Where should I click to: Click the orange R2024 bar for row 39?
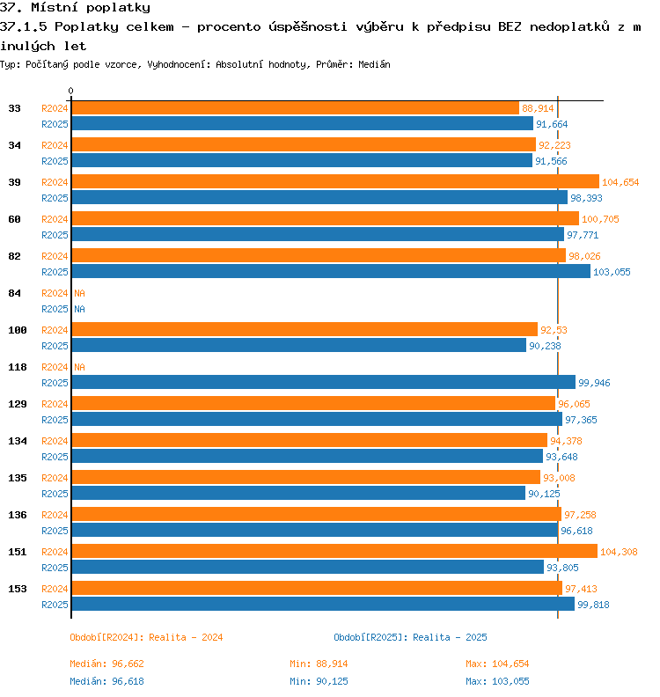pyautogui.click(x=335, y=181)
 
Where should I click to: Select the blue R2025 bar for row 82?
pyautogui.click(x=331, y=271)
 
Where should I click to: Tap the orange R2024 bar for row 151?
pyautogui.click(x=334, y=551)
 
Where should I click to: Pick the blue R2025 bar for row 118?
pyautogui.click(x=324, y=382)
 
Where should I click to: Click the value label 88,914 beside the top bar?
pyautogui.click(x=538, y=108)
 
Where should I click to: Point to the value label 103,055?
pyautogui.click(x=612, y=272)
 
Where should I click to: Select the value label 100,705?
pyautogui.click(x=600, y=219)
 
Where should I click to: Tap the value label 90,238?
pyautogui.click(x=545, y=346)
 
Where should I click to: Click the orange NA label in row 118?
pyautogui.click(x=79, y=367)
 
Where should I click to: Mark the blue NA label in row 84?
pyautogui.click(x=79, y=309)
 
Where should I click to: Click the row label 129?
pyautogui.click(x=18, y=404)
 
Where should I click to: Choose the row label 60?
pyautogui.click(x=15, y=219)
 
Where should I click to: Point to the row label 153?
pyautogui.click(x=18, y=589)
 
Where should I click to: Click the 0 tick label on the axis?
pyautogui.click(x=70, y=91)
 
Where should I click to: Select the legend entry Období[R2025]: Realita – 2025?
pyautogui.click(x=410, y=637)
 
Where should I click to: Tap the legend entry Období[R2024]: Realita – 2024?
pyautogui.click(x=146, y=637)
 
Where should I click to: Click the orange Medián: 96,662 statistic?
pyautogui.click(x=106, y=664)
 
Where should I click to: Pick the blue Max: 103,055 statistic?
pyautogui.click(x=497, y=681)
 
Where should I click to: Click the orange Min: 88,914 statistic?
pyautogui.click(x=319, y=664)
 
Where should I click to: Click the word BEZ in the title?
pyautogui.click(x=510, y=26)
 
